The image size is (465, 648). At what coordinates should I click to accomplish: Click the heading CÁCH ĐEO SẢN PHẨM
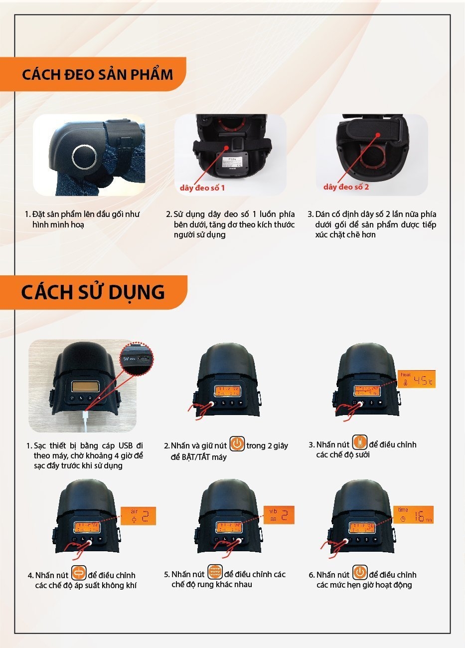point(97,75)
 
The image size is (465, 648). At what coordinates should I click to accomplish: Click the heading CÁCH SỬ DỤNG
point(93,292)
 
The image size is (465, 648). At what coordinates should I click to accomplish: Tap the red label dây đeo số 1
point(202,188)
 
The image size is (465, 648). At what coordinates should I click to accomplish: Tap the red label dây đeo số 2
point(346,187)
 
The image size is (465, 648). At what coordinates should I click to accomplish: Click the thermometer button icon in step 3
point(359,443)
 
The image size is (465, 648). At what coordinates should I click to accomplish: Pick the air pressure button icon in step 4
point(79,573)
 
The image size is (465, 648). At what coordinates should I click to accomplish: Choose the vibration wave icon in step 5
point(215,573)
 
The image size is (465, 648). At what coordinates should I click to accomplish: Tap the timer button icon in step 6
point(360,573)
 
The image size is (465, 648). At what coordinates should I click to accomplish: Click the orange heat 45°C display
point(417,380)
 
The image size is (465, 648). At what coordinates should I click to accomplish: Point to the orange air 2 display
point(138,516)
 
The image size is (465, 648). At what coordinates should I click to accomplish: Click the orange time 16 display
point(415,515)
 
